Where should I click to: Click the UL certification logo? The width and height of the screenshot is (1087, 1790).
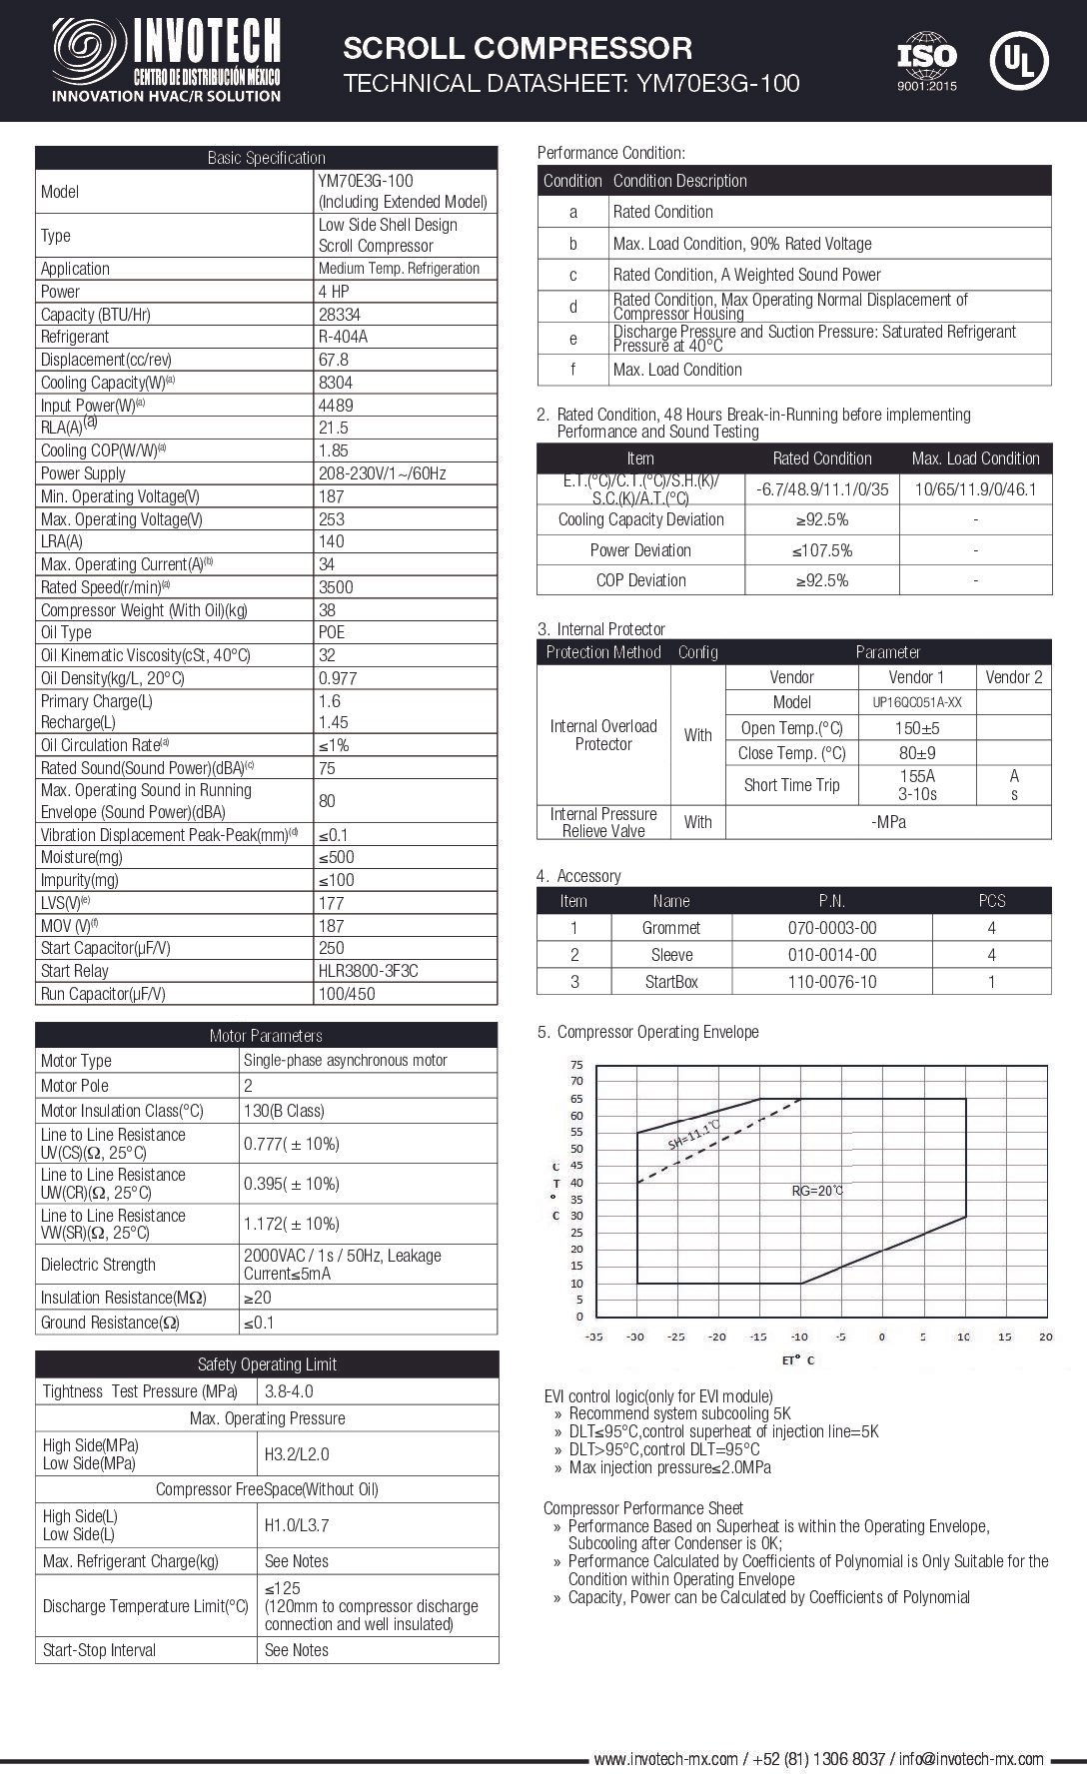1018,59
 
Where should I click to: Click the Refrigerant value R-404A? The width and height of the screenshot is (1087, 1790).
343,337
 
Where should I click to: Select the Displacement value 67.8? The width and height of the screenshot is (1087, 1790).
333,360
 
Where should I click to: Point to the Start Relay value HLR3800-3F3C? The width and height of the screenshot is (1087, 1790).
368,971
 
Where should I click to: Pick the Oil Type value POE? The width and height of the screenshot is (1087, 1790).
331,632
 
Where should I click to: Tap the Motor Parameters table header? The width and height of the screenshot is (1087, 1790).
266,1035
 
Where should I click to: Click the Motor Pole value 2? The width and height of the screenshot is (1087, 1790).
248,1086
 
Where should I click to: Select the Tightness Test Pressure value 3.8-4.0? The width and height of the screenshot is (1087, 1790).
290,1391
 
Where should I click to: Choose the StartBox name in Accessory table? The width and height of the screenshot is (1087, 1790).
671,982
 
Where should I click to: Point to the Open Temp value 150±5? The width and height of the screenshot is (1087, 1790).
917,728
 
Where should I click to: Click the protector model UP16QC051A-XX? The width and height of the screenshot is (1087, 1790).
917,702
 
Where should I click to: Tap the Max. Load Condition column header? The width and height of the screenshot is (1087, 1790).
975,458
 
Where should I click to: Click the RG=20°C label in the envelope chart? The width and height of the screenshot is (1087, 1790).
817,1191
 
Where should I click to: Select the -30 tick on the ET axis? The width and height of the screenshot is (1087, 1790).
635,1337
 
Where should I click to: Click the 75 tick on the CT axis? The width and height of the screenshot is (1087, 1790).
576,1065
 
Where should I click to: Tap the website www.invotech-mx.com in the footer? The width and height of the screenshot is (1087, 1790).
665,1759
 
